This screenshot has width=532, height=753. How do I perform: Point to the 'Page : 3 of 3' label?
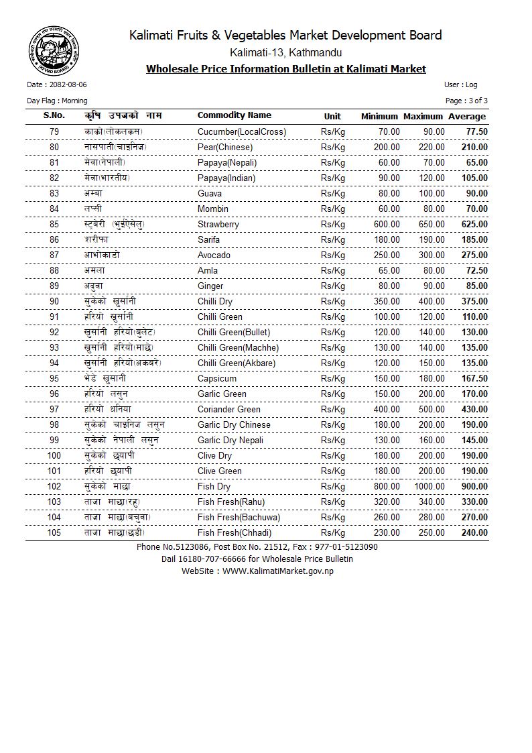point(466,101)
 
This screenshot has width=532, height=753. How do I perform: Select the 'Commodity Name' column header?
point(234,115)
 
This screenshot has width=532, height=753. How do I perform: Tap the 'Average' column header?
point(467,117)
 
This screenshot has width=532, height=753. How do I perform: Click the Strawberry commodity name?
point(218,225)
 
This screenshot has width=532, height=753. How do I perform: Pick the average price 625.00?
point(474,225)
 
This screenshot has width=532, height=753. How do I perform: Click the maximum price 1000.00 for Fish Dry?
point(429,487)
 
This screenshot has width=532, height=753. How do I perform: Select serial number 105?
point(54,533)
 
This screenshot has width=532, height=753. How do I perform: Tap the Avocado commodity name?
point(214,255)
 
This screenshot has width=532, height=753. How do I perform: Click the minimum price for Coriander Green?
point(387,410)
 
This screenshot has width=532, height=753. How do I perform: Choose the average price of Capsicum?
point(474,379)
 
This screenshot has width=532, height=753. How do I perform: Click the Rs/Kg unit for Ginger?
point(332,286)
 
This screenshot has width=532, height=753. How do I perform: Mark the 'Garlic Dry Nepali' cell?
point(230,441)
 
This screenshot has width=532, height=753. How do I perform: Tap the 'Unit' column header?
point(332,117)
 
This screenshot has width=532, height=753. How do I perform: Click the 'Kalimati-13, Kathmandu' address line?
point(285,53)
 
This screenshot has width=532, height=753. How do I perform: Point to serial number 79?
point(54,132)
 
